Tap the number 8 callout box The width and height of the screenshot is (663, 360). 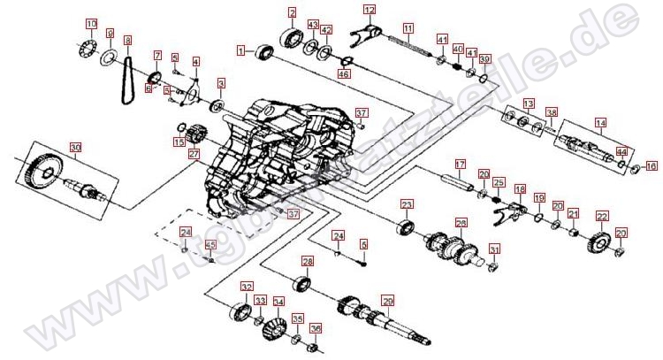(x=127, y=40)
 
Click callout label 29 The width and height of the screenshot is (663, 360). (x=385, y=301)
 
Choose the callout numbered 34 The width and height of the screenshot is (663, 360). (x=278, y=302)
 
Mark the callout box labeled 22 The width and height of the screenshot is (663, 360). (x=601, y=216)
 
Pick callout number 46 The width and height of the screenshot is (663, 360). (x=344, y=73)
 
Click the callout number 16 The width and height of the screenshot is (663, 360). (x=652, y=165)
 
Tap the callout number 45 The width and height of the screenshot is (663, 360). (x=210, y=245)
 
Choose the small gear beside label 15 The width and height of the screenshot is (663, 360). (x=197, y=137)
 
